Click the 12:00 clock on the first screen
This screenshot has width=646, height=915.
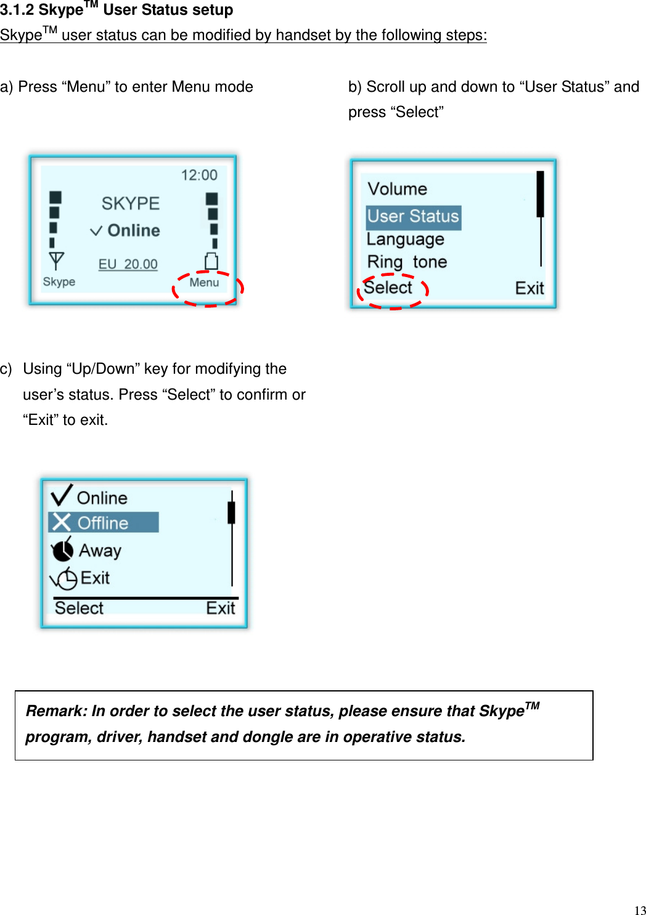tap(199, 175)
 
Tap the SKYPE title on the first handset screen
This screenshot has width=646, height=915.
tap(131, 203)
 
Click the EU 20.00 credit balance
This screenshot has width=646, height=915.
tap(128, 264)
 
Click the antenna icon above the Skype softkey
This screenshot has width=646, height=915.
tap(56, 261)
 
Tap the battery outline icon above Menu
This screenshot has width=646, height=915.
tap(211, 261)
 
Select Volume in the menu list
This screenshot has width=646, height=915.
tap(398, 189)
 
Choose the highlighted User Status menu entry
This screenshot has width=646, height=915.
tap(413, 217)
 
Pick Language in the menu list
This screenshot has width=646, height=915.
tap(406, 239)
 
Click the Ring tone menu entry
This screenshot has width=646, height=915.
tap(407, 262)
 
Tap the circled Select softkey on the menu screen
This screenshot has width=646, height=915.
tap(388, 288)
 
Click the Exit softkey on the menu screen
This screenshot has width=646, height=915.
tap(529, 288)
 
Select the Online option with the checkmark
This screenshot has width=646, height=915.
tap(102, 498)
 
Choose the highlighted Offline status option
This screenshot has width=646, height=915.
tap(103, 523)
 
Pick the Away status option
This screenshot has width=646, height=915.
tap(100, 550)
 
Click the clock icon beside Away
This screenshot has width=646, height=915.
tap(62, 550)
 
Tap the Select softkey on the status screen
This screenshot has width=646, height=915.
tap(79, 608)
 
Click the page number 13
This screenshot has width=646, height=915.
tap(640, 910)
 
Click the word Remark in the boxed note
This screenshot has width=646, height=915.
tap(57, 711)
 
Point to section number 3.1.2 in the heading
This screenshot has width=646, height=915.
tap(17, 10)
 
